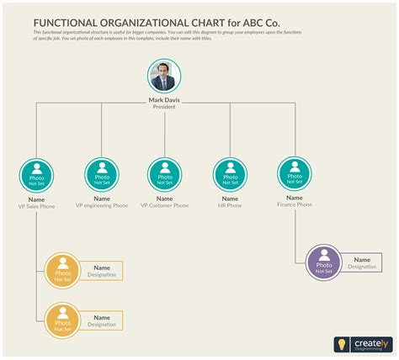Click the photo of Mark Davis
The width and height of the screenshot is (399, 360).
pyautogui.click(x=164, y=77)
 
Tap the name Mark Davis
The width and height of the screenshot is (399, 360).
pyautogui.click(x=164, y=100)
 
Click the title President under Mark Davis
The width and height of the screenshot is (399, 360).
pyautogui.click(x=164, y=107)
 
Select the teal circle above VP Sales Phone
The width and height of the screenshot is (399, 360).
pyautogui.click(x=36, y=175)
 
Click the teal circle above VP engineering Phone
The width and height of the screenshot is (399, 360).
pyautogui.click(x=102, y=174)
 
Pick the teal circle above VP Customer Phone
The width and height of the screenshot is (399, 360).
pyautogui.click(x=164, y=174)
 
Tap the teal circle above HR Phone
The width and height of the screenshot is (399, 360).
pyautogui.click(x=228, y=174)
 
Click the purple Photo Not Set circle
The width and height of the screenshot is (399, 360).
pyautogui.click(x=324, y=262)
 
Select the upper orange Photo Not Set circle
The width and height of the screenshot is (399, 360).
pyautogui.click(x=62, y=270)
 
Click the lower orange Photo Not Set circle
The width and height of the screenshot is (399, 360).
pyautogui.click(x=62, y=320)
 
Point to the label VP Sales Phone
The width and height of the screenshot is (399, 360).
pyautogui.click(x=36, y=206)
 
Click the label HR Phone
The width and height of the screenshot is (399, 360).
pyautogui.click(x=228, y=205)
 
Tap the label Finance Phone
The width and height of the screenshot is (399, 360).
pyautogui.click(x=293, y=204)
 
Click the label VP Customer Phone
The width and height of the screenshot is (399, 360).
pyautogui.click(x=164, y=205)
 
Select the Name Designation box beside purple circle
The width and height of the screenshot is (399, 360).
pyautogui.click(x=361, y=263)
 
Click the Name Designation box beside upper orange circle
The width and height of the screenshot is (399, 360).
pyautogui.click(x=102, y=271)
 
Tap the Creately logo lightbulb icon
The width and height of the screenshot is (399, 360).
pyautogui.click(x=342, y=344)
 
